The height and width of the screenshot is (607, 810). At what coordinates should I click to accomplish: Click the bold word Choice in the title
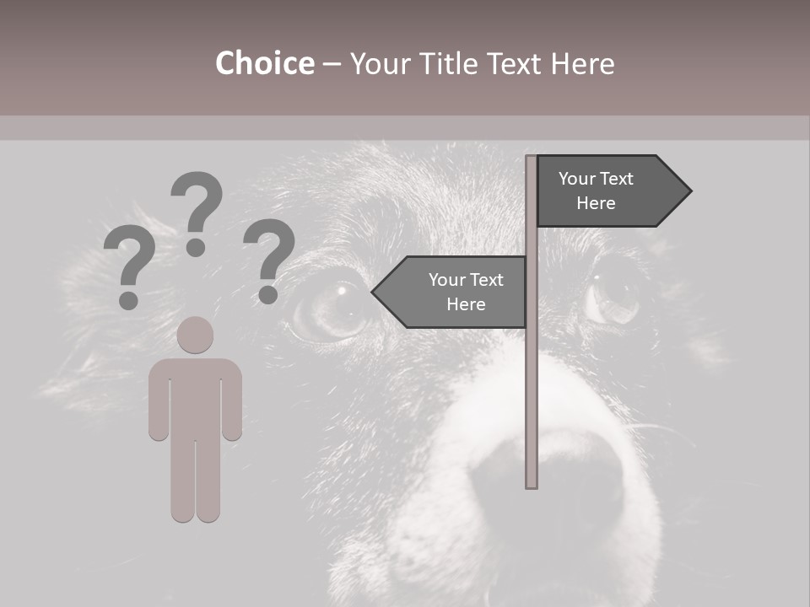(x=264, y=63)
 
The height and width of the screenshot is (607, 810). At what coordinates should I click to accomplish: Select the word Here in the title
(x=582, y=64)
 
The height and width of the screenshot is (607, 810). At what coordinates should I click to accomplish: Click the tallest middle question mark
(x=197, y=211)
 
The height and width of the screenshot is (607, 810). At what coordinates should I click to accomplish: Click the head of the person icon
(x=196, y=335)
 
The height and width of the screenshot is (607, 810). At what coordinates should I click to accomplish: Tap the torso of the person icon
(x=196, y=396)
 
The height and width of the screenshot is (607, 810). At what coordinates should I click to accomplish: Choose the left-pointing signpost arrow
(x=451, y=293)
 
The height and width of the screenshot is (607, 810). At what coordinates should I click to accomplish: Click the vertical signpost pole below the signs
(x=532, y=405)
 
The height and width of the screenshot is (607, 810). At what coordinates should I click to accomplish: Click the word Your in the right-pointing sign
(x=578, y=179)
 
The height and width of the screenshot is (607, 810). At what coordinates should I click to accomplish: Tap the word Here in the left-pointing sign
(x=466, y=304)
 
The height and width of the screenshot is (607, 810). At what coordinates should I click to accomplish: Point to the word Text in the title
(x=516, y=64)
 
